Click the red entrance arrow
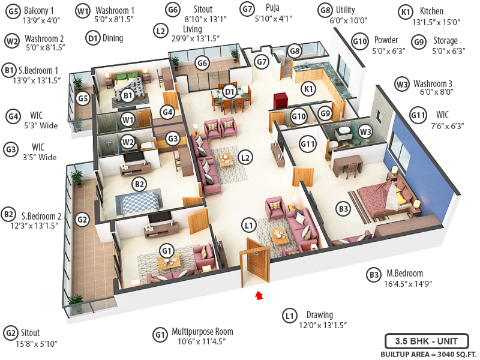point(259,295)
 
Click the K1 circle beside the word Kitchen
point(406,11)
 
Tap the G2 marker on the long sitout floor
point(83,220)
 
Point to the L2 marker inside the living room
point(244,157)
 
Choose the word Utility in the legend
point(346,10)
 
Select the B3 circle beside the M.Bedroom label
point(374,275)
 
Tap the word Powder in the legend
point(386,40)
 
